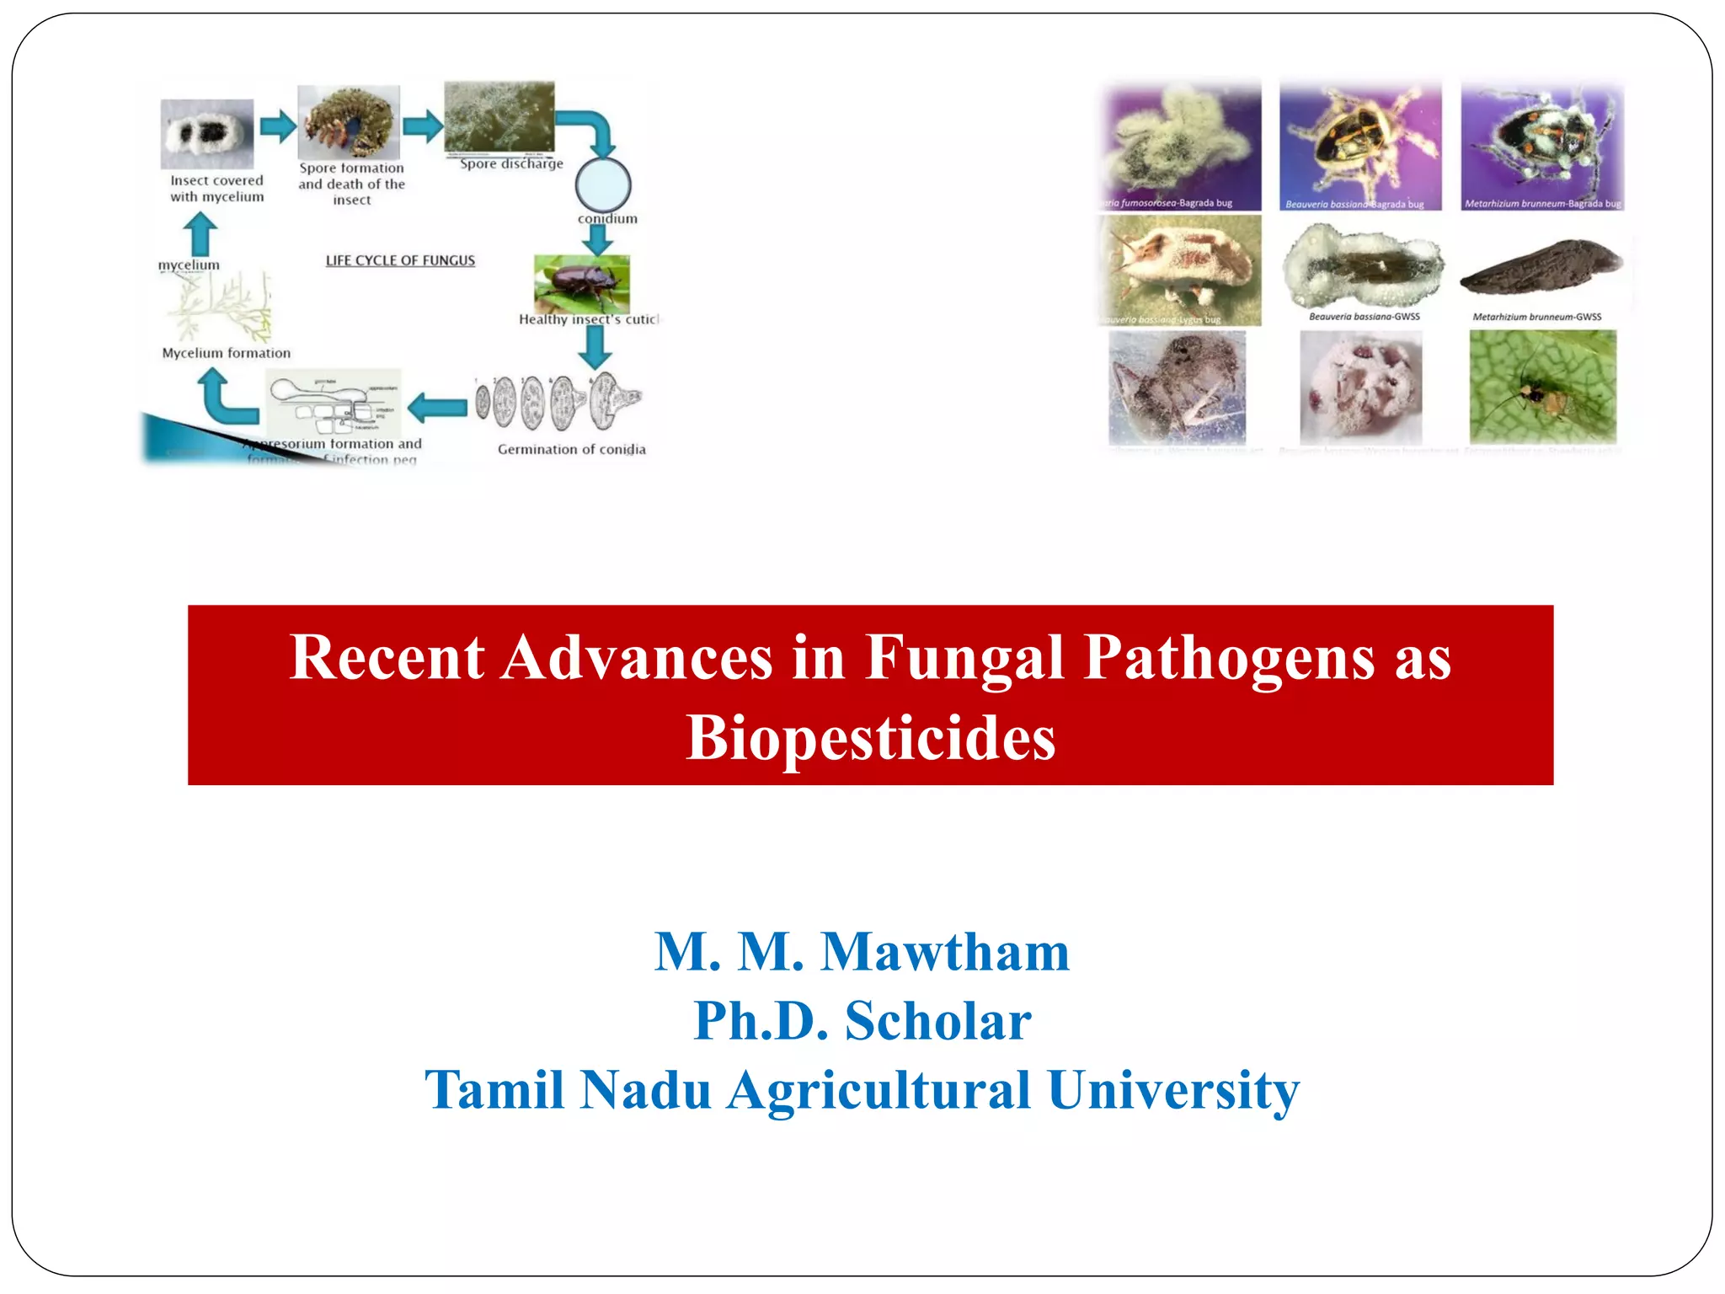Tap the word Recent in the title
pyautogui.click(x=387, y=657)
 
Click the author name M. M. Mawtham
pyautogui.click(x=862, y=952)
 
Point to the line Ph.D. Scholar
pyautogui.click(x=862, y=1021)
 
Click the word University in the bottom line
pyautogui.click(x=1173, y=1090)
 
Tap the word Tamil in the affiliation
pyautogui.click(x=493, y=1090)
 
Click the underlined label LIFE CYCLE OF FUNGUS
pyautogui.click(x=400, y=261)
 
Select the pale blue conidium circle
pyautogui.click(x=603, y=184)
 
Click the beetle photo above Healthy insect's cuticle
pyautogui.click(x=581, y=284)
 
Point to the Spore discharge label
pyautogui.click(x=511, y=164)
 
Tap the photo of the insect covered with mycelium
pyautogui.click(x=207, y=134)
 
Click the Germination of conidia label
pyautogui.click(x=571, y=450)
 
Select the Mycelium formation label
pyautogui.click(x=226, y=354)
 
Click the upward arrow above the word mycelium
pyautogui.click(x=200, y=233)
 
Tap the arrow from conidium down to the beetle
pyautogui.click(x=597, y=240)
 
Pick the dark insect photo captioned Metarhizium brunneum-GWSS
pyautogui.click(x=1540, y=267)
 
